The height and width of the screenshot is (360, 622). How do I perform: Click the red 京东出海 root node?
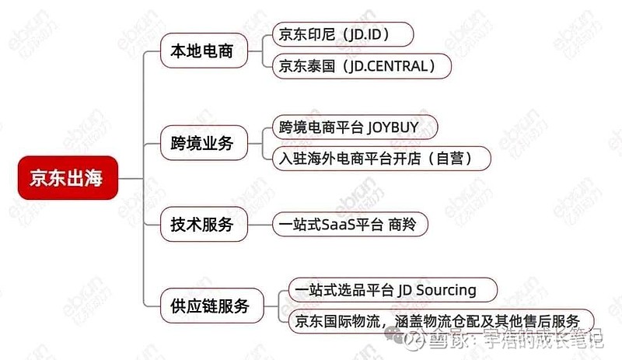click(68, 178)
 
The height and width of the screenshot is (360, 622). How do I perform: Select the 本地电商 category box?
click(204, 51)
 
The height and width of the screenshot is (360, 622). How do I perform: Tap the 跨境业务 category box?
click(204, 143)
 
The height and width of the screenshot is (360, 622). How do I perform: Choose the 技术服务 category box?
click(204, 224)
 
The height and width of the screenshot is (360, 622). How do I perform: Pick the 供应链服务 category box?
click(211, 306)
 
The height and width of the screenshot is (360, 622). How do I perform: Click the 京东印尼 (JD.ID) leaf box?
click(343, 34)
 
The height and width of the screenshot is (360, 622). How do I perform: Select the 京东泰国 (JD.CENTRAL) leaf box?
click(362, 66)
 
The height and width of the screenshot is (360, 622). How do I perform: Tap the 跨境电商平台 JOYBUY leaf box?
click(355, 127)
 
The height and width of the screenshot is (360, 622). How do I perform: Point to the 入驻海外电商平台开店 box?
click(381, 159)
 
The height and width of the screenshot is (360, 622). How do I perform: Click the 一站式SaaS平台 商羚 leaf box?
click(350, 224)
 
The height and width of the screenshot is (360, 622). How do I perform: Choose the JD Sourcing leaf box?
click(393, 290)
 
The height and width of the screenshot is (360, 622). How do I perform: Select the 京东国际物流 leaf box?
click(441, 321)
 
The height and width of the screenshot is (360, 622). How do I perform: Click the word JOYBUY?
click(393, 128)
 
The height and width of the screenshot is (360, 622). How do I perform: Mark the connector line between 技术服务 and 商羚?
click(260, 225)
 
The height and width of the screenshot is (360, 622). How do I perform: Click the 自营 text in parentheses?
click(450, 159)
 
